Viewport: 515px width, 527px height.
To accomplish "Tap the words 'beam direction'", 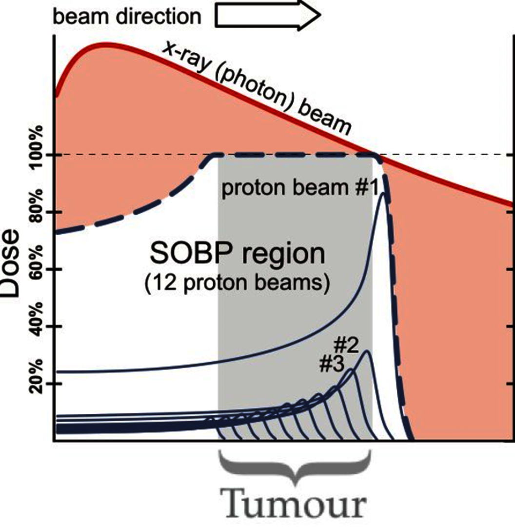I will [127, 17].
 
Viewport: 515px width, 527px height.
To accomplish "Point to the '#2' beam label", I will [347, 345].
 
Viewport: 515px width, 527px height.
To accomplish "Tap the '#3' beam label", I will [332, 364].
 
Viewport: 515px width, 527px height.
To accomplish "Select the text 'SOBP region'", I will [237, 254].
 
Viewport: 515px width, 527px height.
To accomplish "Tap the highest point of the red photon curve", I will [103, 45].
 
